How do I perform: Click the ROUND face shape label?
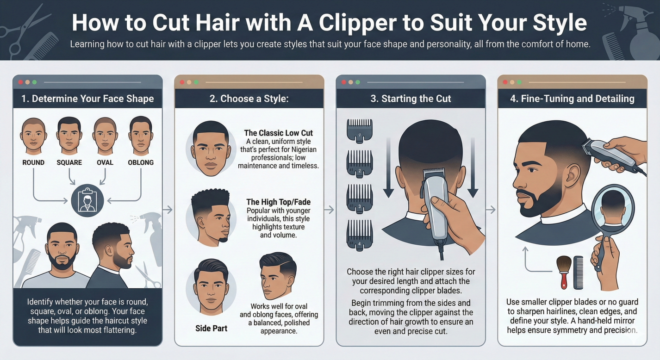[x=33, y=162]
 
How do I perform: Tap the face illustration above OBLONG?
[x=141, y=135]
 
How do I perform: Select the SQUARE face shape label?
[x=69, y=162]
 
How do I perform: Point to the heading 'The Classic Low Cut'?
[x=279, y=133]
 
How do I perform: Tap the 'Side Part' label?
[x=211, y=328]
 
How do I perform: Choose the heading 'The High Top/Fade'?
[x=278, y=202]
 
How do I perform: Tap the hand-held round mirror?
[x=614, y=208]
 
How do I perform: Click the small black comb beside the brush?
[x=579, y=273]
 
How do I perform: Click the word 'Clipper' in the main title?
[x=349, y=22]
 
